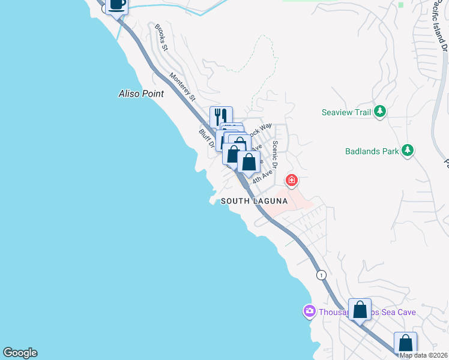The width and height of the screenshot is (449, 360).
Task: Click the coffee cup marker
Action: point(117,5)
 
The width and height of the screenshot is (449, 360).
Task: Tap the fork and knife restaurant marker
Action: point(221,116)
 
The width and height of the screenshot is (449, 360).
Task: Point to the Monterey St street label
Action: point(182,86)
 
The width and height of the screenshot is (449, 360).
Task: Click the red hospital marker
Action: point(292,180)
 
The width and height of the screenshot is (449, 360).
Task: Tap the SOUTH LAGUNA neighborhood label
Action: point(254,201)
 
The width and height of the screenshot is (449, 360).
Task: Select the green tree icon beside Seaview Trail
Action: point(379,112)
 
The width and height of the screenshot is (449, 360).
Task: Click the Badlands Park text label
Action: point(372,151)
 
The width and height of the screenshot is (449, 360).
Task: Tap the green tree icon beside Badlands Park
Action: point(408,151)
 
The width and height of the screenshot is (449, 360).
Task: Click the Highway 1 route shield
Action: point(322,275)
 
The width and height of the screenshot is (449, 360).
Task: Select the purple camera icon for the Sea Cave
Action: point(309,311)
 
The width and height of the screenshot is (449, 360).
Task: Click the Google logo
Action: point(20,353)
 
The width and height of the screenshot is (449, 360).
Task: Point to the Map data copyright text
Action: point(423,355)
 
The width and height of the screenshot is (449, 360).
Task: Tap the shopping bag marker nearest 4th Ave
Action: point(249,162)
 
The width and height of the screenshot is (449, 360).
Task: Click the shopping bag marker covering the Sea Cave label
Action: point(360,310)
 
